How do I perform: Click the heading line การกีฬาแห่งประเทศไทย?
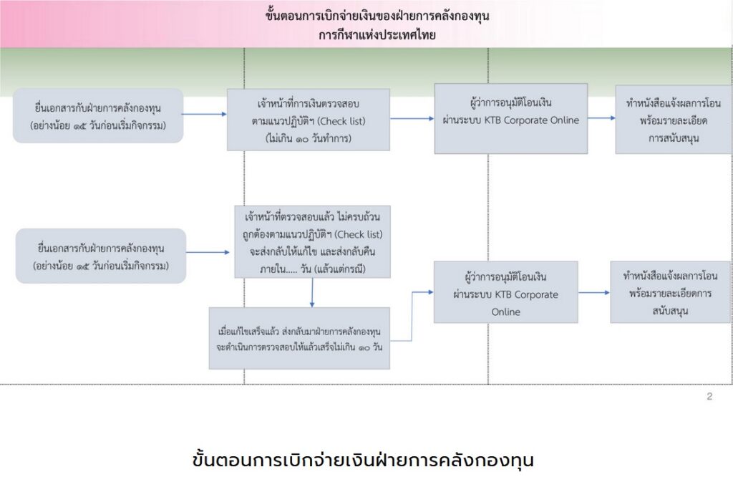coord(377,34)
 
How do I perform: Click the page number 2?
coord(709,396)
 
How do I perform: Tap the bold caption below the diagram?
coord(364,458)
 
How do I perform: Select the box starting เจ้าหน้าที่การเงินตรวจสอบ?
coord(309,120)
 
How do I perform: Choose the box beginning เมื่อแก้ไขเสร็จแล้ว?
coord(299,338)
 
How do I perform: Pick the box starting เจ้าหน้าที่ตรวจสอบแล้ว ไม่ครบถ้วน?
coord(311,242)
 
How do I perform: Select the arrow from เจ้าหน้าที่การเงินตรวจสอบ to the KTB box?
coord(412,119)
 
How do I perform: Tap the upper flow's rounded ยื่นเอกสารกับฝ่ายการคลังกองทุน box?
coord(99,116)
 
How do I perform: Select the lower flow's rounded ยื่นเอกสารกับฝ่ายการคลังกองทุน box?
coord(100,256)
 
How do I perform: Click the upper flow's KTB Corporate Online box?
coord(510,118)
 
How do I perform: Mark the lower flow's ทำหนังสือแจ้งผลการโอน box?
coord(670,292)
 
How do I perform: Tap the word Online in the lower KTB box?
coord(505,312)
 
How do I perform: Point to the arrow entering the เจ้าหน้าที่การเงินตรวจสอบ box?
coord(205,115)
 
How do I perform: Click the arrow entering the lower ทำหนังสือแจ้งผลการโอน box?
coord(594,292)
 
